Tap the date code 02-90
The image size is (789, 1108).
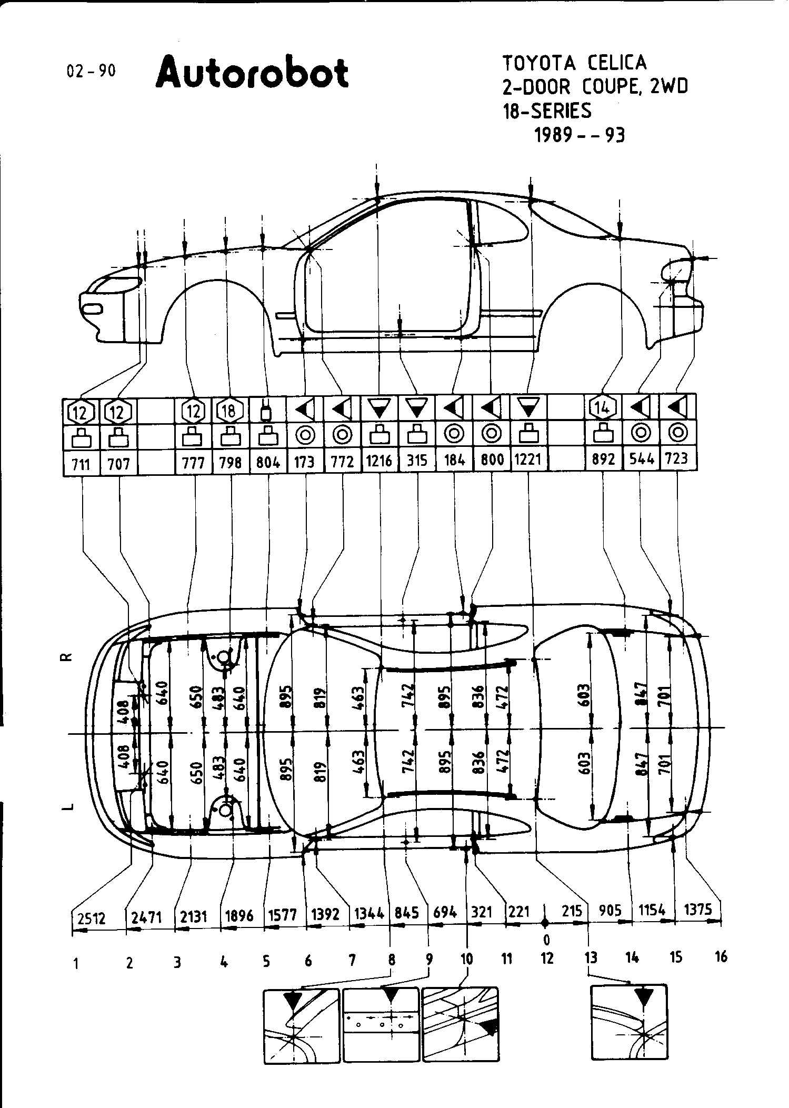91,71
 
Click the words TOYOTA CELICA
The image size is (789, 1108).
574,63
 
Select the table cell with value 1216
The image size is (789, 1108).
379,461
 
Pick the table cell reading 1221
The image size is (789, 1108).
528,460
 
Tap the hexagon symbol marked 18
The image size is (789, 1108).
229,411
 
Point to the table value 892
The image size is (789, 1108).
603,460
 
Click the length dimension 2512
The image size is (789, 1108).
91,919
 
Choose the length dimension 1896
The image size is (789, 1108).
239,915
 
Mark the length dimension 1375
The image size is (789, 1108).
697,910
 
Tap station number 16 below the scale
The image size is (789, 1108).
721,957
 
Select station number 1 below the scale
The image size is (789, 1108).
77,964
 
